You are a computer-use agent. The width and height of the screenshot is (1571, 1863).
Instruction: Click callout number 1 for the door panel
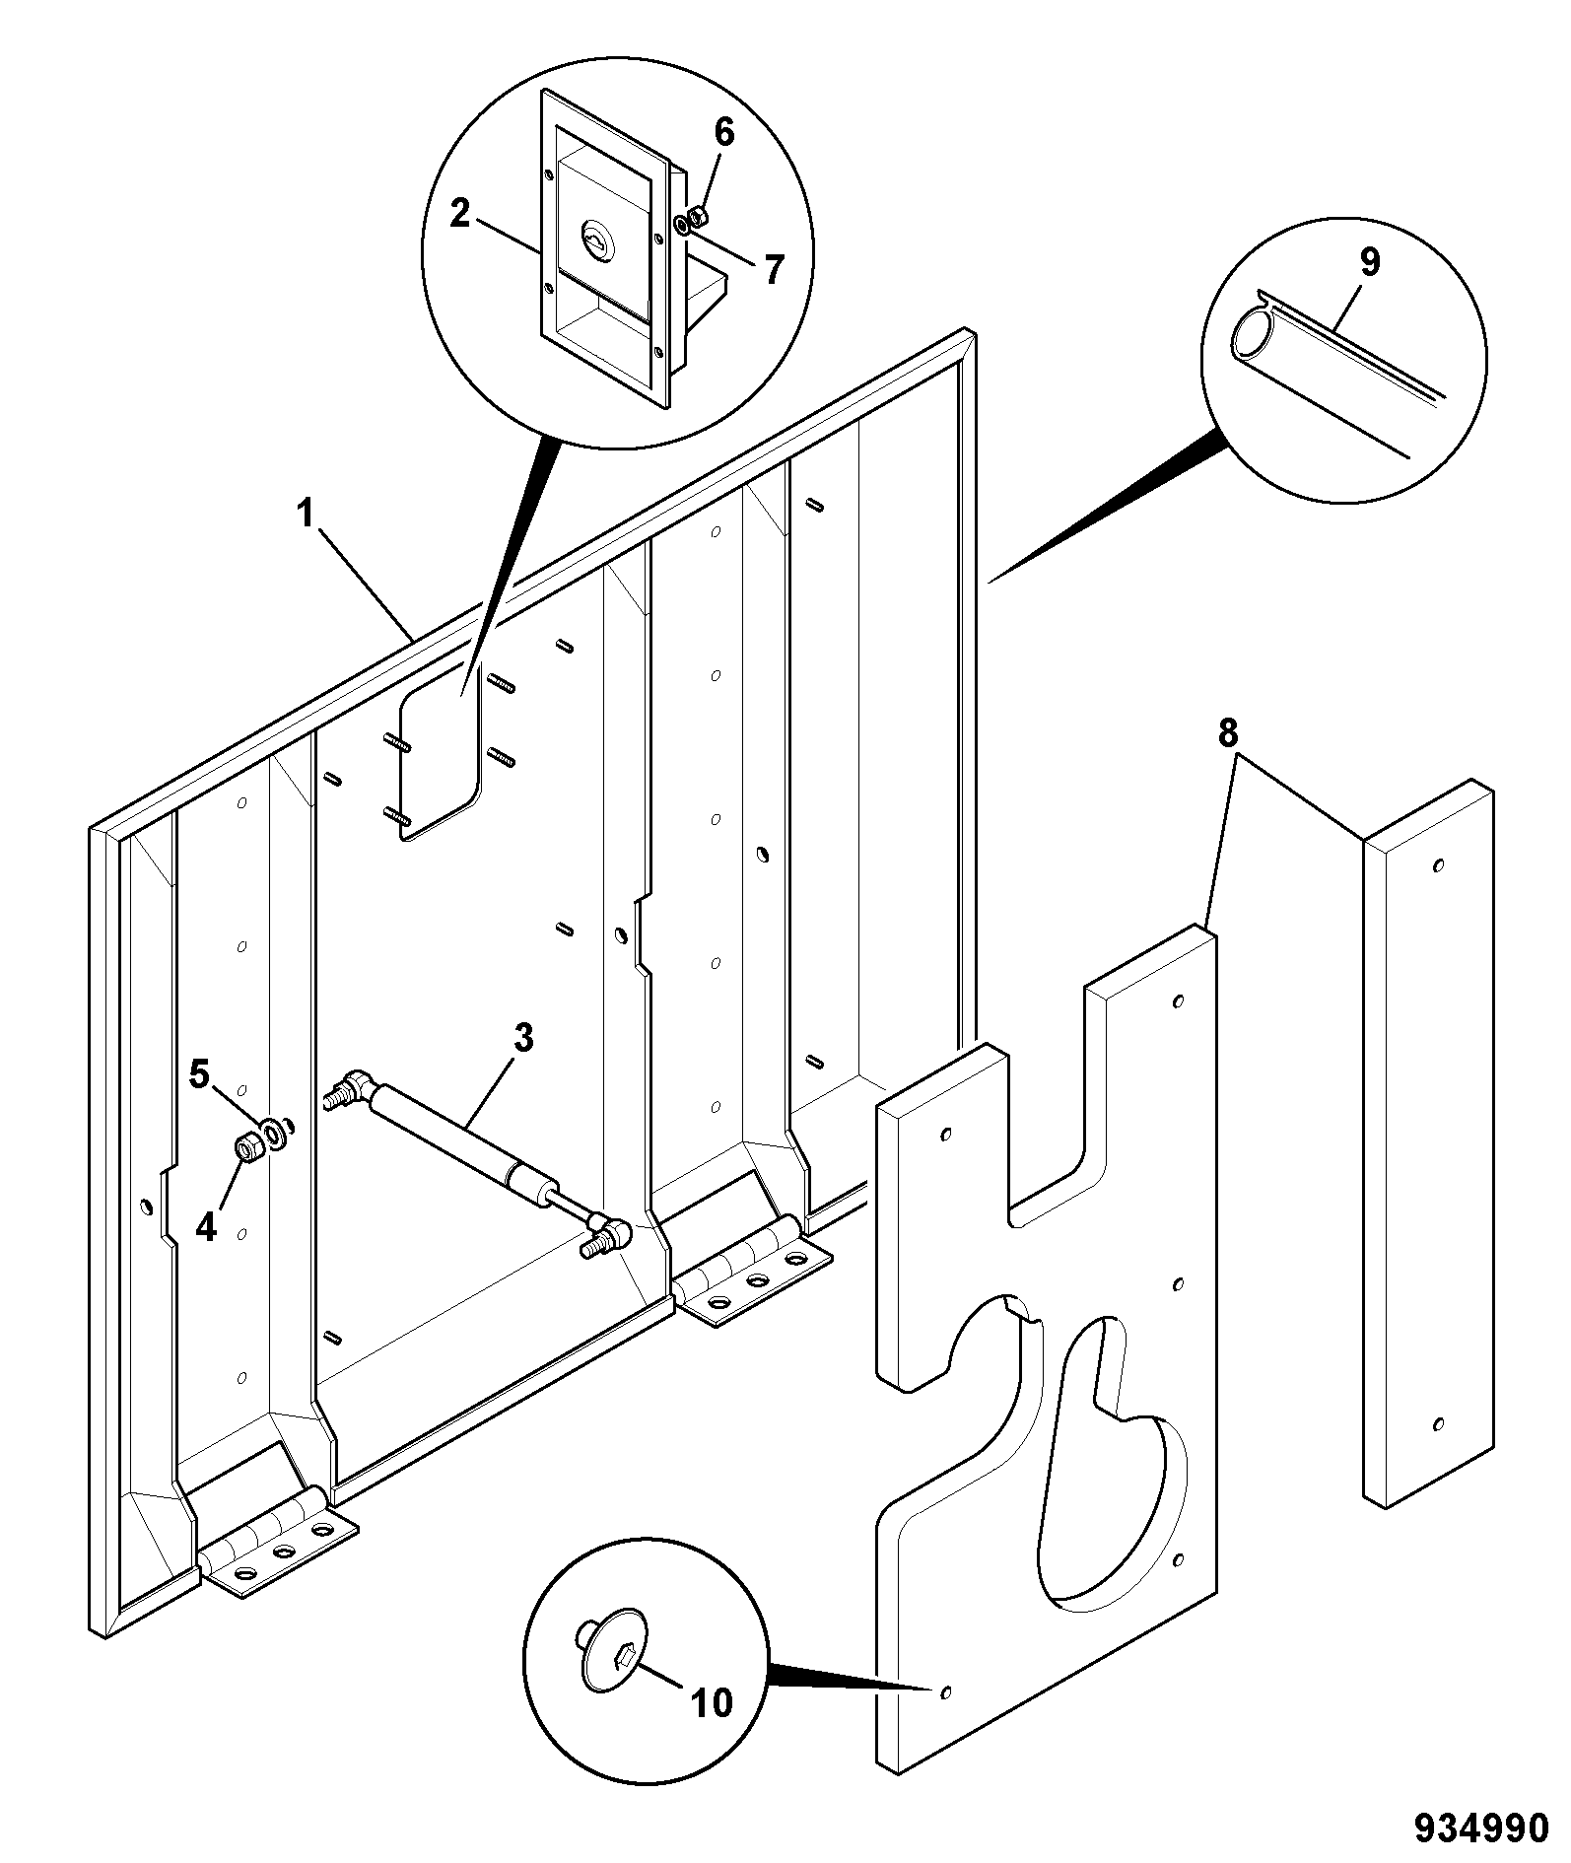pyautogui.click(x=307, y=515)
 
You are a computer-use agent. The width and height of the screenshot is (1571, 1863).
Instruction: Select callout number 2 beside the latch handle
pyautogui.click(x=460, y=214)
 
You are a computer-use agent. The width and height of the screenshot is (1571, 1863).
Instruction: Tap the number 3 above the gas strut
pyautogui.click(x=522, y=1037)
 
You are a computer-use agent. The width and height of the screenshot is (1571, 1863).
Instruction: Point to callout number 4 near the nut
pyautogui.click(x=206, y=1227)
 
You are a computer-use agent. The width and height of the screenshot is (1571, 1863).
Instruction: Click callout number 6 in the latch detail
pyautogui.click(x=724, y=133)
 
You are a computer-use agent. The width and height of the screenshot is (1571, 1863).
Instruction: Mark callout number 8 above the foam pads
pyautogui.click(x=1227, y=734)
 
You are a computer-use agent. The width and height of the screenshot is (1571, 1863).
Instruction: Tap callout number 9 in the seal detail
pyautogui.click(x=1369, y=263)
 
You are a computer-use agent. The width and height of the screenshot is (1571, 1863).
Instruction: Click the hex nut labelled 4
pyautogui.click(x=248, y=1148)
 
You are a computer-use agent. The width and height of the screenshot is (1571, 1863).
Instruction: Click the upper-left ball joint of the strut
pyautogui.click(x=352, y=1085)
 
